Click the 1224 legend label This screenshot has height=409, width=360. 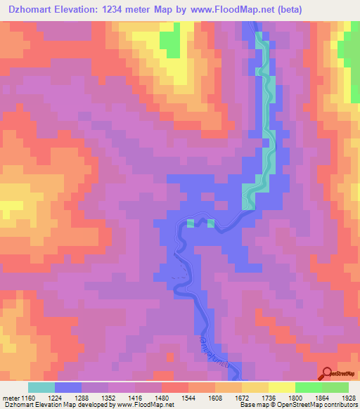56,397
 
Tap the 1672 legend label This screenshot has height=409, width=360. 242,397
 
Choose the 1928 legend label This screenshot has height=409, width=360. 348,397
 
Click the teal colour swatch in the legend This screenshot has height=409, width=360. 41,387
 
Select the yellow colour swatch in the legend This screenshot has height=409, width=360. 281,387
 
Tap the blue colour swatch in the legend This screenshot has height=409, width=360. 68,387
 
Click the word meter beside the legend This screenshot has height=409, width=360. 10,397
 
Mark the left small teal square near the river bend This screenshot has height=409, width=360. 191,223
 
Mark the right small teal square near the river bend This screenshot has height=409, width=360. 210,223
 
